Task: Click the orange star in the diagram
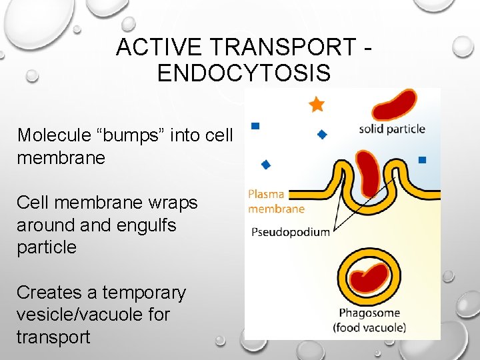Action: tap(317, 104)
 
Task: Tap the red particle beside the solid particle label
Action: tap(394, 105)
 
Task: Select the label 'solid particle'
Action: tap(392, 129)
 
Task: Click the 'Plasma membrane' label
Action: tap(275, 201)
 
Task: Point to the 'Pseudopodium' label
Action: tap(291, 232)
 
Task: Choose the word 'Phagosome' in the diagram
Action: tap(369, 313)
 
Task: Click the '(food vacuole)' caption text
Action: tap(369, 327)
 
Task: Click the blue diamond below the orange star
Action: tap(321, 134)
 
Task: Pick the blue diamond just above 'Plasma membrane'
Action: tap(266, 163)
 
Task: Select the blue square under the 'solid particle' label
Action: tap(421, 159)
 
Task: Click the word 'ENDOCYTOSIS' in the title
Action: tap(244, 73)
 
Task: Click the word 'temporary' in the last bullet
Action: tap(143, 293)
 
